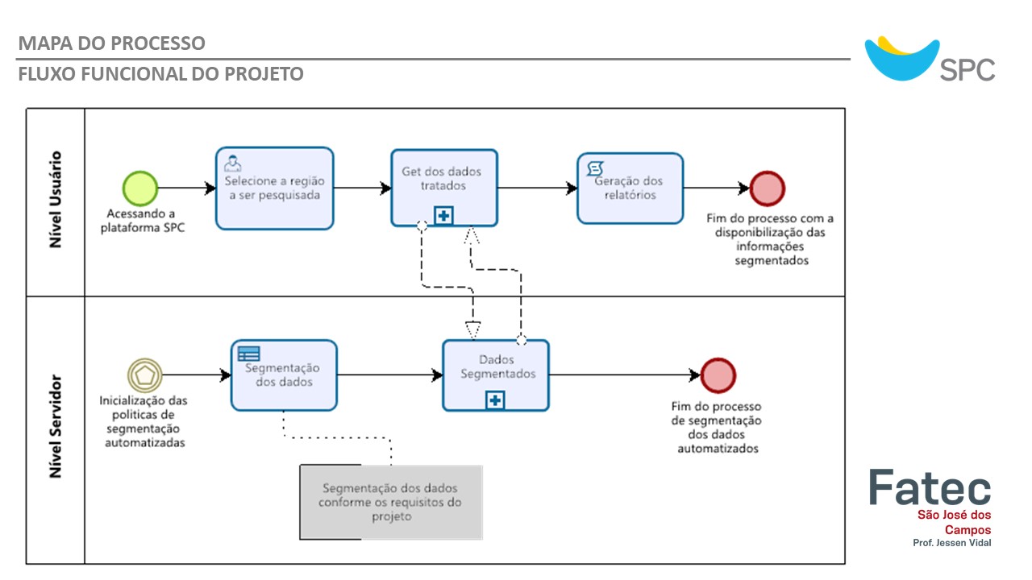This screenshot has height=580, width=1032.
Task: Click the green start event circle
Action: pos(139,188)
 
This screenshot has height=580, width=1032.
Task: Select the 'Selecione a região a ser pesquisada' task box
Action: pos(274,188)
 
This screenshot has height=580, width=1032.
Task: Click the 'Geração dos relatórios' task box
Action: pos(630,188)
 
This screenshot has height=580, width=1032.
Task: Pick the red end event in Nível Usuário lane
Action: pos(767,188)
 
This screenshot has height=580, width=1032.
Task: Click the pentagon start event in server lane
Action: pos(145,375)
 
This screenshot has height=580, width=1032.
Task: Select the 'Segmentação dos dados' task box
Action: pos(284,375)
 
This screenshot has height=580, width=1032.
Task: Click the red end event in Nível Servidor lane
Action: pos(718,375)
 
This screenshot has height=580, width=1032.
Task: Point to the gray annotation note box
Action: pos(391,502)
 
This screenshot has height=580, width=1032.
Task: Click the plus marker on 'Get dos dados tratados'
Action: pos(444,215)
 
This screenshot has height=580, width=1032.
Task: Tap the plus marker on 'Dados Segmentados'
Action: pos(495,400)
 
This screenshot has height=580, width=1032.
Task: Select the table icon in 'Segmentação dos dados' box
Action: pos(248,353)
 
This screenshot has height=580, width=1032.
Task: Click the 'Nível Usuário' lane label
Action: pos(56,199)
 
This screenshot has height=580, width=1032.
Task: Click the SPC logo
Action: pos(930,60)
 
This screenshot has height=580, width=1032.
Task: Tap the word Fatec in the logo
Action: pos(930,487)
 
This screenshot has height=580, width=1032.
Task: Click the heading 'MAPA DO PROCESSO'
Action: pos(111,43)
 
